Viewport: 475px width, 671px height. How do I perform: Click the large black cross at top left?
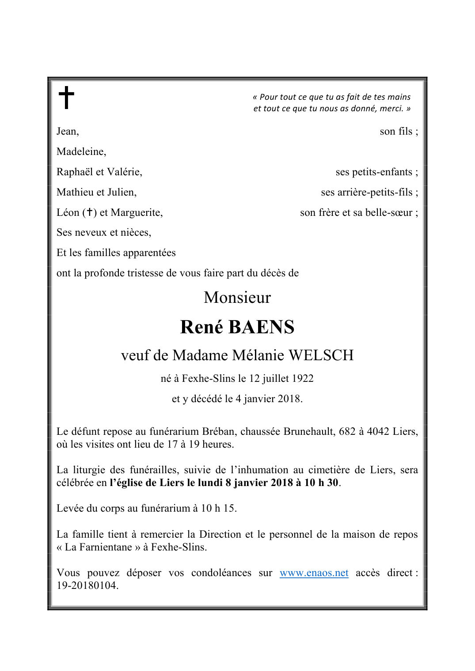[x=66, y=97]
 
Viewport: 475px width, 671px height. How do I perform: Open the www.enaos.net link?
[x=314, y=573]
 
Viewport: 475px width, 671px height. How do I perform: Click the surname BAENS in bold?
[x=262, y=327]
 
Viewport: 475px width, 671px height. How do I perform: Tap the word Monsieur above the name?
[x=237, y=298]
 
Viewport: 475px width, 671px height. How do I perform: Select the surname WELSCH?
[x=321, y=355]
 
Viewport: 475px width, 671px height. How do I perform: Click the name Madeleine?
[x=81, y=152]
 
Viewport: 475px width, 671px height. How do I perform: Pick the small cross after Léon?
[x=89, y=212]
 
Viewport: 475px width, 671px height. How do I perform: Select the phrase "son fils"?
[x=396, y=132]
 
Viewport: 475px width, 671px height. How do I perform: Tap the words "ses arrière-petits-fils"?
[x=367, y=192]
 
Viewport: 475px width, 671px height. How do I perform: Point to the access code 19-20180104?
[x=87, y=586]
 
